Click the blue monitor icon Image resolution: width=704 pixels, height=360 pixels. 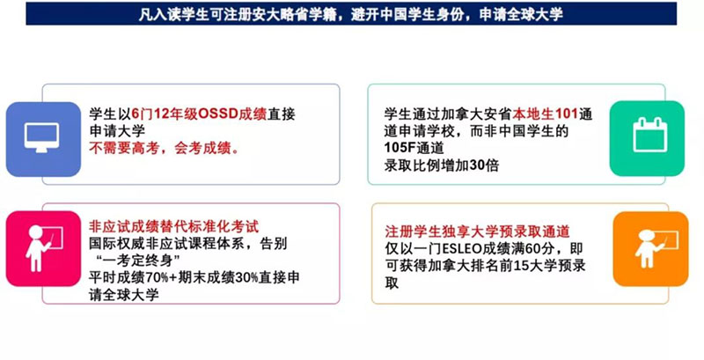point(43,139)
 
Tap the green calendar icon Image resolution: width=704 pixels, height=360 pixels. point(647,139)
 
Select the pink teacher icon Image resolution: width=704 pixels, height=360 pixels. point(43,249)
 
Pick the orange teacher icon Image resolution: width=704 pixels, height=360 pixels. point(650,249)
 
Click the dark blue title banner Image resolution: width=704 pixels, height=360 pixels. point(351,13)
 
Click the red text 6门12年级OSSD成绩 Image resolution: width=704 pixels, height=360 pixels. point(200,114)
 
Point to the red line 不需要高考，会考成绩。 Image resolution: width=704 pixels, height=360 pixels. point(165,148)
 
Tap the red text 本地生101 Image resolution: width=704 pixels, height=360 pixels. point(545,114)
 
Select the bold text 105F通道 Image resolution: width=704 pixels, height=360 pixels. point(414,148)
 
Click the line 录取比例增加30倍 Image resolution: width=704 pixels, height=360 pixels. point(442,165)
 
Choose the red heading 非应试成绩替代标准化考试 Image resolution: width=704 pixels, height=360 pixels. point(173,226)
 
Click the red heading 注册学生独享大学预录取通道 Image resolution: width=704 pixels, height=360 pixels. point(477,231)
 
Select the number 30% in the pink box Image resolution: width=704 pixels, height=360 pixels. point(246,278)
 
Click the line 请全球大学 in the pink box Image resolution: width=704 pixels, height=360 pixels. point(124,295)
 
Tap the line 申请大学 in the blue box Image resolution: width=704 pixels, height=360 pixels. point(117,131)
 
